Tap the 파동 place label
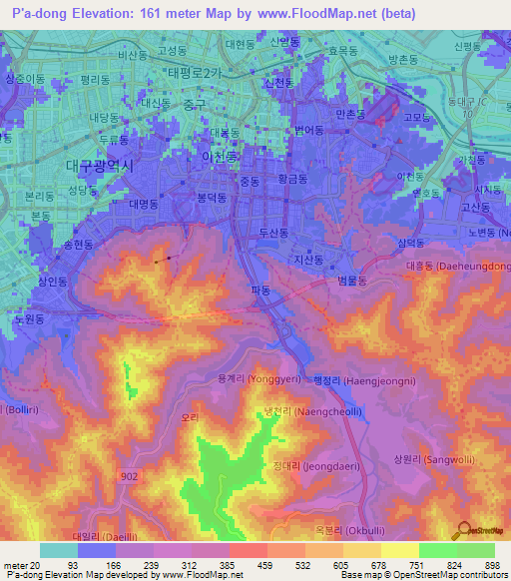[x=261, y=290]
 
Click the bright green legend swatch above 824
[x=438, y=550]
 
